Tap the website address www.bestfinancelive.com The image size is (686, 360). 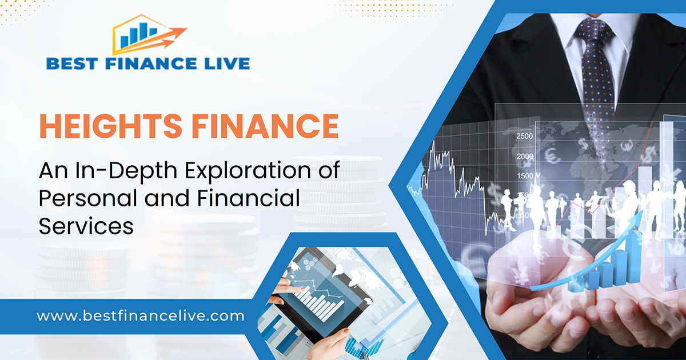[141, 315]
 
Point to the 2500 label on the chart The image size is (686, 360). [524, 136]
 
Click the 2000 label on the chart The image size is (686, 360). [524, 157]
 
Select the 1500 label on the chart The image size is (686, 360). [524, 175]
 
